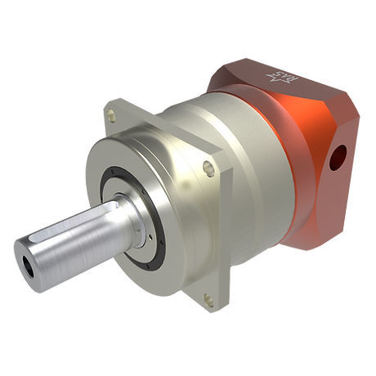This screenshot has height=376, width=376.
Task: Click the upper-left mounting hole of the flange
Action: pos(112,118)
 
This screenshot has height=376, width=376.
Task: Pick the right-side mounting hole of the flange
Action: pos(208,169)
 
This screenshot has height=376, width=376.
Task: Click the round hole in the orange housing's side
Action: pos(336,156)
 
